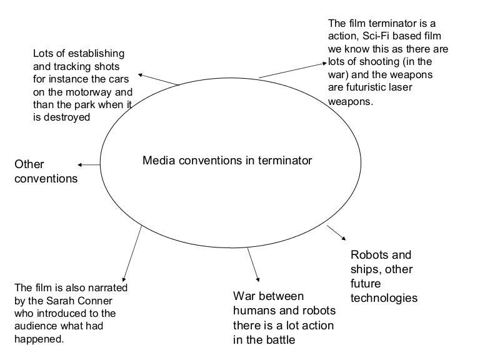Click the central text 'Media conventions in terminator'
(x=227, y=161)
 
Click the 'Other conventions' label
(x=46, y=171)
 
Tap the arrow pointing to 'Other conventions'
(x=89, y=165)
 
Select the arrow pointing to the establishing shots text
(x=158, y=79)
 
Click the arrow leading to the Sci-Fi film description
(x=292, y=70)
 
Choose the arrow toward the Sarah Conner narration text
(x=132, y=252)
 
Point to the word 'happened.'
(x=38, y=339)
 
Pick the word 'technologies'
(x=384, y=298)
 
